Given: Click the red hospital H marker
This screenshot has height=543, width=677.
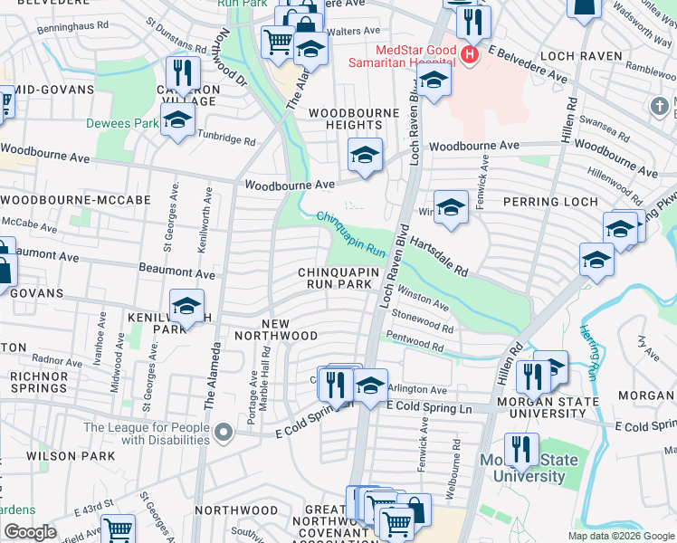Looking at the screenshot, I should (469, 55).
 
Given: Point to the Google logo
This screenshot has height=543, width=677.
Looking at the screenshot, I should (30, 532).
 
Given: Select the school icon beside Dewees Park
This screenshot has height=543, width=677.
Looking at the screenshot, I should (178, 119).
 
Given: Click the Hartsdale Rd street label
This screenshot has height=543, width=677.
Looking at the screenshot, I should (438, 256).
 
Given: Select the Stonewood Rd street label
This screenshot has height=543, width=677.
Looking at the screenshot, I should (422, 320).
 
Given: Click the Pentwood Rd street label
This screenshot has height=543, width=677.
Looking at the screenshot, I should (415, 342).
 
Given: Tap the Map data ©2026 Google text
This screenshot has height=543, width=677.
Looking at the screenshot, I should (621, 536).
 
